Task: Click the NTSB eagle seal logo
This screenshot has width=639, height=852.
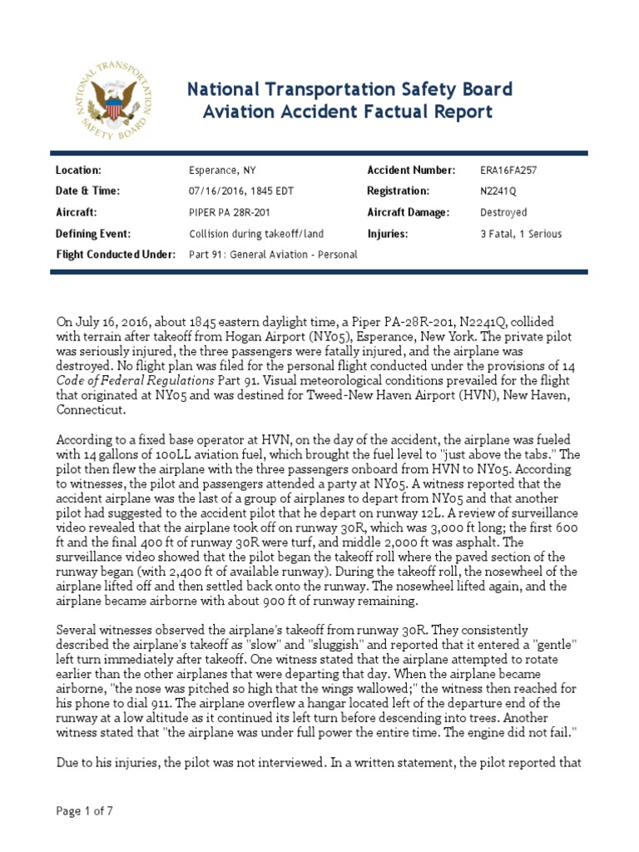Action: pyautogui.click(x=111, y=100)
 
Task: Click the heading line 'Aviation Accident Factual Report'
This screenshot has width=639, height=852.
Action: pyautogui.click(x=349, y=111)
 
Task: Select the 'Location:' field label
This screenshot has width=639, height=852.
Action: pyautogui.click(x=78, y=170)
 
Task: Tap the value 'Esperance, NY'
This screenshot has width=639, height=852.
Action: pyautogui.click(x=222, y=171)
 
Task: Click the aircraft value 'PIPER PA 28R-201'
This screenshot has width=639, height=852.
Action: pyautogui.click(x=229, y=212)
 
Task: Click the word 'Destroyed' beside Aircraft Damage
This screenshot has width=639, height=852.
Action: pyautogui.click(x=503, y=212)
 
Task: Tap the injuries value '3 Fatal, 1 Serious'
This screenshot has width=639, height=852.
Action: pyautogui.click(x=521, y=234)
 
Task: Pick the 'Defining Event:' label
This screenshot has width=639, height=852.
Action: pyautogui.click(x=93, y=234)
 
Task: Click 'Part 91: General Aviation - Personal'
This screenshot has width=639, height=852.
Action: pyautogui.click(x=273, y=255)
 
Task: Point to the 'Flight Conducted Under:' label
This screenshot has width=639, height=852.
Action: pyautogui.click(x=115, y=255)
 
